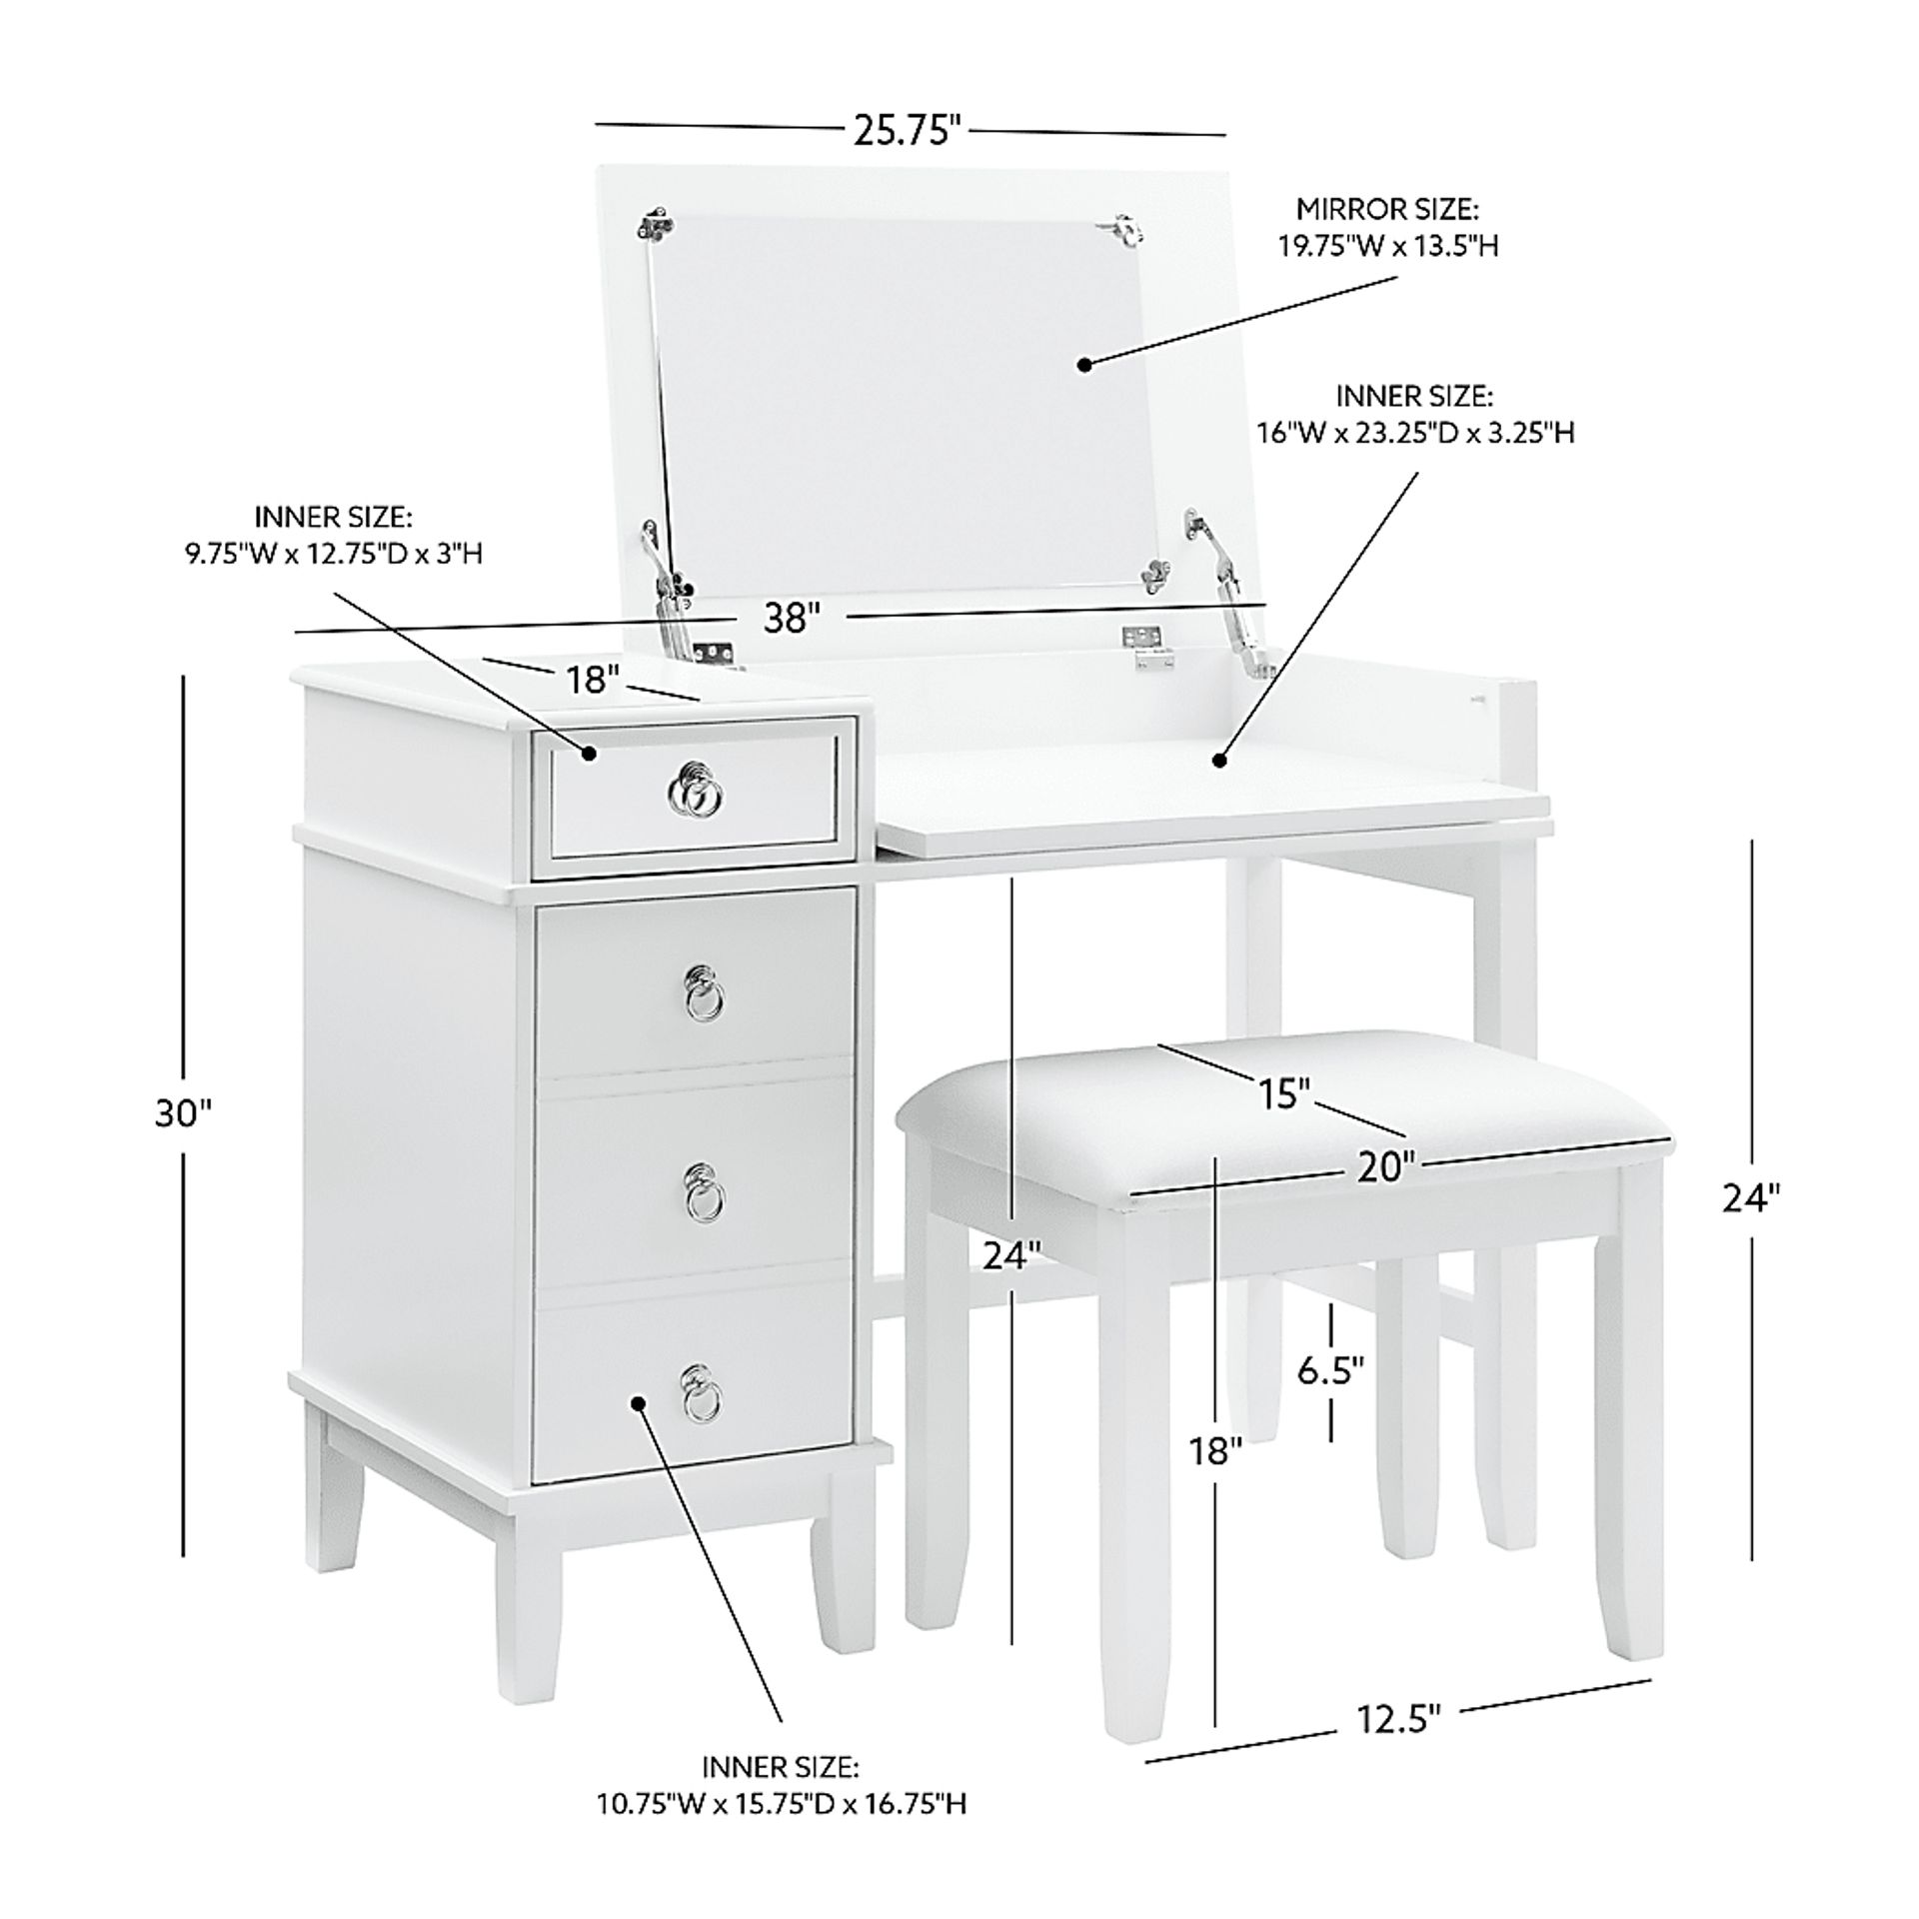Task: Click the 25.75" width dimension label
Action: coord(907,130)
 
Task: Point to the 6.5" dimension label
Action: coord(1331,1371)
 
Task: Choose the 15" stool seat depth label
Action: coord(1283,1094)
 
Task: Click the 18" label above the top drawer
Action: coord(594,681)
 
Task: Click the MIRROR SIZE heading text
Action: coord(1388,209)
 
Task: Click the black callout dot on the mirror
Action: coord(1083,365)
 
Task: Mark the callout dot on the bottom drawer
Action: coord(639,1402)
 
